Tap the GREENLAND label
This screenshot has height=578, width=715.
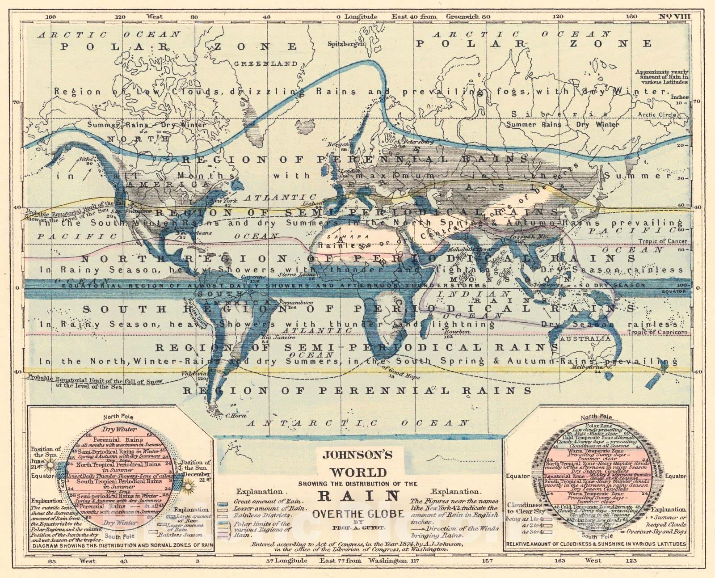pos(266,64)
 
